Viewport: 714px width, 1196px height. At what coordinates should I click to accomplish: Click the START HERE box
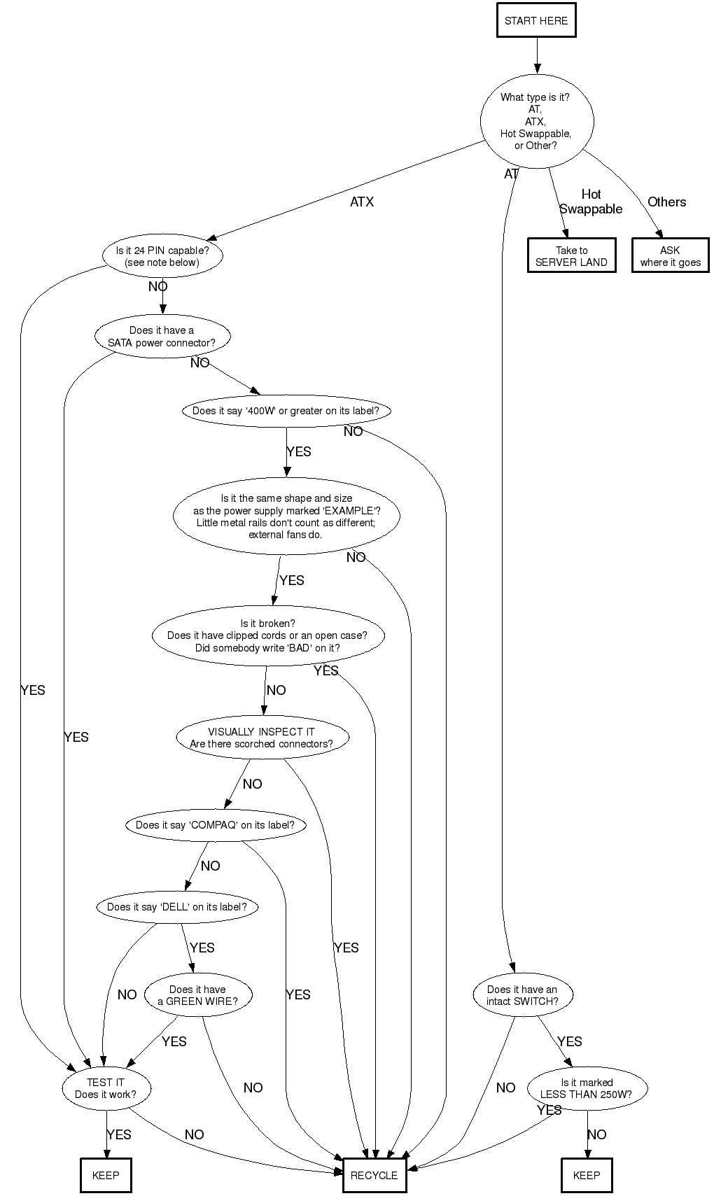(536, 21)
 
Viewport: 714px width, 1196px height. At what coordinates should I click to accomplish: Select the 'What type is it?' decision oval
(536, 121)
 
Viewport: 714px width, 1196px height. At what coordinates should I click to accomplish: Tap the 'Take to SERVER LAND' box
(572, 256)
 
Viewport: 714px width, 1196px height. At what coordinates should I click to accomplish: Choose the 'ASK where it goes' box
(670, 256)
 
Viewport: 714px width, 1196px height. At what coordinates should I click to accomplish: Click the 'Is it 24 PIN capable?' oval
(162, 256)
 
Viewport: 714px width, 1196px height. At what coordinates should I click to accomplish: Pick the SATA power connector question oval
(162, 337)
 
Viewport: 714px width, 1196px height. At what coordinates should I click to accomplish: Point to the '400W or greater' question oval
(286, 411)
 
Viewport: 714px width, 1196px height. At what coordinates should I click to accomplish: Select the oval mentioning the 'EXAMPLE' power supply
(286, 516)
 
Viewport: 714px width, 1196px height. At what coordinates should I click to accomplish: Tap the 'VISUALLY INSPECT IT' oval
(262, 738)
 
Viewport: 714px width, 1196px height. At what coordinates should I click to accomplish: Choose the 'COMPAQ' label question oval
(216, 825)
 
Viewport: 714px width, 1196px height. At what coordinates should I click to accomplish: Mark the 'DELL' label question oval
(176, 907)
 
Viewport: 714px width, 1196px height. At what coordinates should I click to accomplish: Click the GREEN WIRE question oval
(198, 995)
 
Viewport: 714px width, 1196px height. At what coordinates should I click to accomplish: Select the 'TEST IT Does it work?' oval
(106, 1089)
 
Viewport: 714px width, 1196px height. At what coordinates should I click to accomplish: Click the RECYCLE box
(374, 1176)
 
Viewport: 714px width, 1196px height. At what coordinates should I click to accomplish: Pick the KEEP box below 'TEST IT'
(106, 1176)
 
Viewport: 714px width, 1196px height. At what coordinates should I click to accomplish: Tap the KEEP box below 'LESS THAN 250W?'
(586, 1176)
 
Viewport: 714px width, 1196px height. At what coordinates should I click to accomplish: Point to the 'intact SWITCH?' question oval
(522, 995)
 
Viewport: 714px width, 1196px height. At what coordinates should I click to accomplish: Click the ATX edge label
(362, 202)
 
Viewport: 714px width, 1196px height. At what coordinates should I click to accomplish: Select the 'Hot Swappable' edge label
(591, 202)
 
